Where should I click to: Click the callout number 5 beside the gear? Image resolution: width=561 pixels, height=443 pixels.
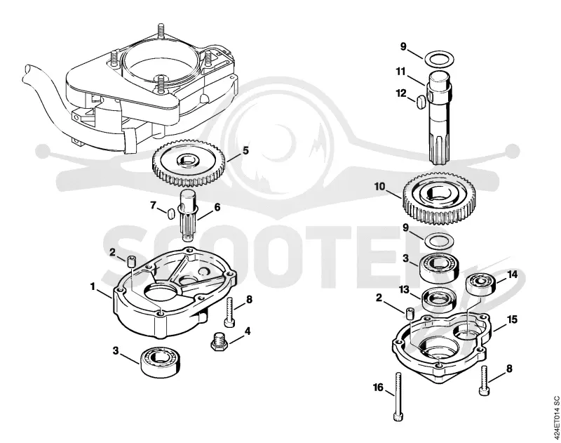tap(245, 151)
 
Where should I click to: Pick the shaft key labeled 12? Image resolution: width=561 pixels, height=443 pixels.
tap(421, 101)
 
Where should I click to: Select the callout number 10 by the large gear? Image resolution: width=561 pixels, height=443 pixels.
tap(379, 187)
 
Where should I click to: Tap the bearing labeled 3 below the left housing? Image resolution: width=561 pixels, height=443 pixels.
tap(160, 361)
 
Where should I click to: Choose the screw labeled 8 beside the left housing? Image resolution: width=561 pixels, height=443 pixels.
tap(230, 312)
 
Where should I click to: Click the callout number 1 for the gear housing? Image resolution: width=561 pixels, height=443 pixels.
tap(93, 286)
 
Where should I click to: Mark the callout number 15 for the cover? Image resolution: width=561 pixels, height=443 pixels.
tap(513, 319)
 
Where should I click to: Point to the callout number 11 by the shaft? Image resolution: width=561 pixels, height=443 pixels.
tap(400, 72)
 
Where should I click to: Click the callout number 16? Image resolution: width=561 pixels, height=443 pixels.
tap(378, 388)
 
